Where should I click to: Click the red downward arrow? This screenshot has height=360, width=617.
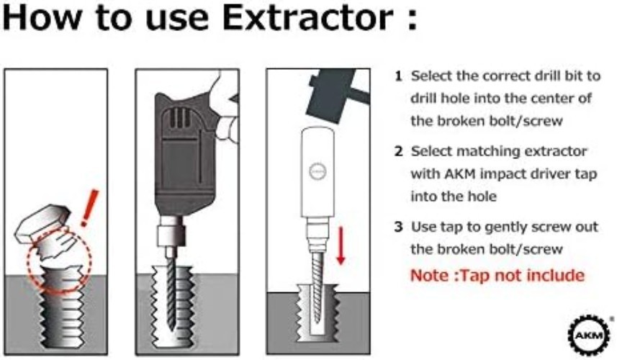342,245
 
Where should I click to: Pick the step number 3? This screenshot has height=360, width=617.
397,227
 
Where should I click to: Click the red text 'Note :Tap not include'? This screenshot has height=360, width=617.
497,275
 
